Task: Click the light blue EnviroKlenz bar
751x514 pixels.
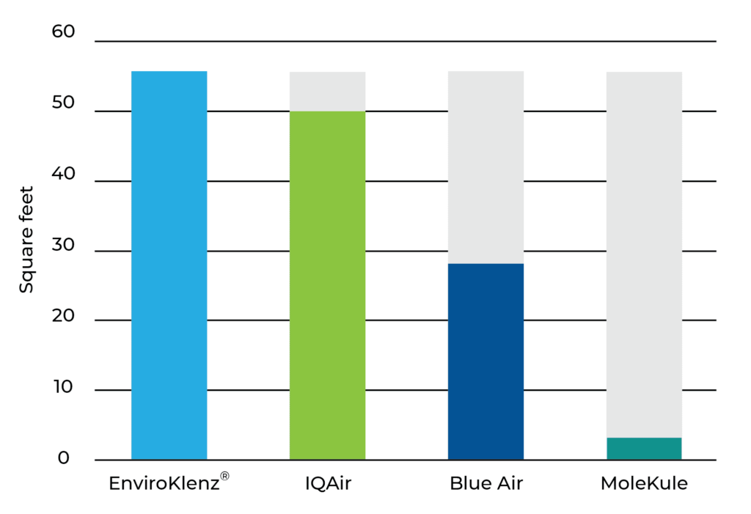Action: (169, 265)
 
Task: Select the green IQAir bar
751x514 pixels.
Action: (328, 285)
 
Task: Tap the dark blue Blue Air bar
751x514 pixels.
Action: (486, 361)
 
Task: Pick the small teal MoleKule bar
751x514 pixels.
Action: (644, 448)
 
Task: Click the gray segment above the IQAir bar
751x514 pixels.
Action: (328, 92)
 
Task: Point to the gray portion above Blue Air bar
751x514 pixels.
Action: (486, 167)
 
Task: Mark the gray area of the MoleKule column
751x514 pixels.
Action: (644, 254)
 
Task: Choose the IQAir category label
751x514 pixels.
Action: (328, 483)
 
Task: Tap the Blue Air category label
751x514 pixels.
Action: (486, 483)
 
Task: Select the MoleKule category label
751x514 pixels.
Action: (644, 483)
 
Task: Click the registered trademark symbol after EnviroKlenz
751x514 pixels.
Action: (224, 476)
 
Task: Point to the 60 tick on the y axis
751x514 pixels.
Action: (63, 32)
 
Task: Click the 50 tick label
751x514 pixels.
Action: (63, 102)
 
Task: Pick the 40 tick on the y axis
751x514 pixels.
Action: (63, 173)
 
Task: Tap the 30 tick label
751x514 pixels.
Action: (63, 244)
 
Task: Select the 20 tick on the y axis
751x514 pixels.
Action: (63, 316)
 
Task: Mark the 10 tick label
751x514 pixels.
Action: (65, 386)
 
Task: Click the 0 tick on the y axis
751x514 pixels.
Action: (64, 458)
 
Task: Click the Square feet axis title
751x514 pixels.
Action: (26, 240)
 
